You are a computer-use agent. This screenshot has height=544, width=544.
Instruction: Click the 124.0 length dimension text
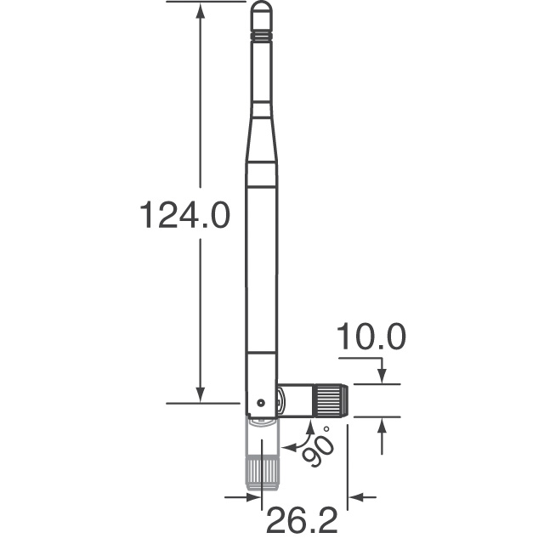(x=184, y=216)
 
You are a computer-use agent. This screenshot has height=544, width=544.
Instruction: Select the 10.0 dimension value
(x=371, y=337)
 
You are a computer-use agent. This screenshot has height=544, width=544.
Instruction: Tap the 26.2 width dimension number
(x=299, y=518)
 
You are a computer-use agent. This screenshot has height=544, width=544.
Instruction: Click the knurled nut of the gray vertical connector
(x=262, y=470)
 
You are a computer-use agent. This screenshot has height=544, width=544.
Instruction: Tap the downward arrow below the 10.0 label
(x=382, y=376)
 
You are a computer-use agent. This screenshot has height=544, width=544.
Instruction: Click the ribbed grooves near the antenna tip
(x=262, y=37)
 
